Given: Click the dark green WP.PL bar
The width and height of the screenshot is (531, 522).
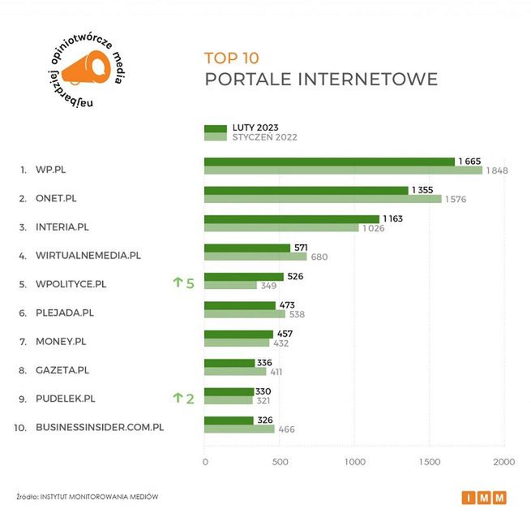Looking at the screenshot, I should [x=328, y=162].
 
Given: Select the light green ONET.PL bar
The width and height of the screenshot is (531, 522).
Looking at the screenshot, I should [x=323, y=199].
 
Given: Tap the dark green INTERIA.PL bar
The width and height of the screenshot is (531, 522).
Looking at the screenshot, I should [x=291, y=219].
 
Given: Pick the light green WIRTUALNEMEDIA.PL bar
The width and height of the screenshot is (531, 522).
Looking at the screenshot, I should [x=255, y=257].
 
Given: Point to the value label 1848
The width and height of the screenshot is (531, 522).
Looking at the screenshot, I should [x=498, y=170].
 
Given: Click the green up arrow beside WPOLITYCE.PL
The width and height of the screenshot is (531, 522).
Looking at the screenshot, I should [x=178, y=283].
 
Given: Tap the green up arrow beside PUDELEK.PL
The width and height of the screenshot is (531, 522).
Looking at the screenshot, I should [x=178, y=398].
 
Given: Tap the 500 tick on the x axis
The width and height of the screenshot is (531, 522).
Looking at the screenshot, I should [x=280, y=462].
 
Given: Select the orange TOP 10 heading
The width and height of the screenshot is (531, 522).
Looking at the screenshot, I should [x=230, y=58].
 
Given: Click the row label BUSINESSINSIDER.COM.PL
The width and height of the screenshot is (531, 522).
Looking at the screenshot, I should [x=100, y=427].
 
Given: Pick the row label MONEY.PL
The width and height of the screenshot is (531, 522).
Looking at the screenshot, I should [x=61, y=341].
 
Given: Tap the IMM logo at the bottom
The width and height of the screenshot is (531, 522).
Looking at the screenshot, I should [x=486, y=498].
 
